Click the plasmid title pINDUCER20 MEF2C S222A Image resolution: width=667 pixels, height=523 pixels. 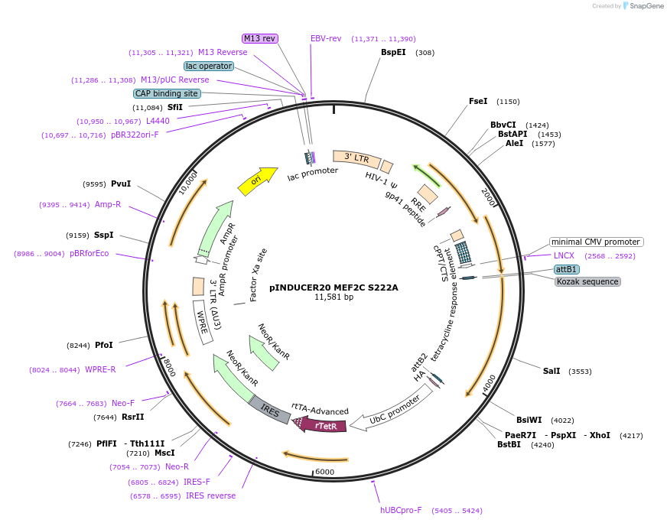point(333,287)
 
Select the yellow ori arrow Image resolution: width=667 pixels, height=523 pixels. point(258,180)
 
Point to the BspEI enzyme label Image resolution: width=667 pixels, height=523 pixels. point(393,53)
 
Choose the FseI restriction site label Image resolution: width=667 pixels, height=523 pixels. point(477,101)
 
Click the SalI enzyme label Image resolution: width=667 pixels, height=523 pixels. point(551,371)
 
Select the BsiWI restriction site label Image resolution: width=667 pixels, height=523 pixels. point(529,420)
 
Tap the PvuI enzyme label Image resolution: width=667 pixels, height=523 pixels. point(121,184)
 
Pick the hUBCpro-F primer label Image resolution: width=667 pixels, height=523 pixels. point(401,510)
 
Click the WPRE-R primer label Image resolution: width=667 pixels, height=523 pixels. point(100,370)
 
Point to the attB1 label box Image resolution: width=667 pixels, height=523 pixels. point(567,269)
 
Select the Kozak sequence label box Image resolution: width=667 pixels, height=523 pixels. point(587,281)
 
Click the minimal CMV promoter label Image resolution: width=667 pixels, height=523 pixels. point(596,242)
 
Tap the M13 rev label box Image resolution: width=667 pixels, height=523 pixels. point(260,38)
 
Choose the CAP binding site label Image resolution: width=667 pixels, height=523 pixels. point(167,93)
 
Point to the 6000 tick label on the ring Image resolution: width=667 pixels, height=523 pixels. point(325,472)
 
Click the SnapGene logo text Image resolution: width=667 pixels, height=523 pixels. point(646,6)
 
